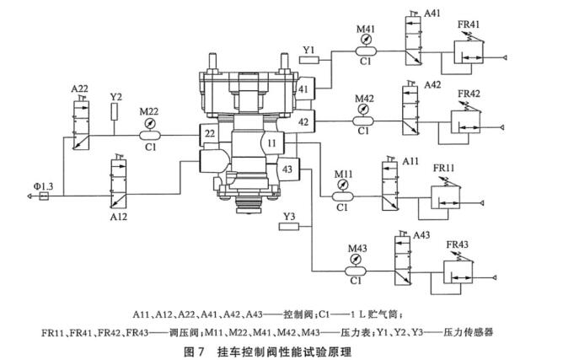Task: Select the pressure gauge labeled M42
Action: [x=364, y=110]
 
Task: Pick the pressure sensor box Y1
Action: [x=308, y=59]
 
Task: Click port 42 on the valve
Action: [x=304, y=121]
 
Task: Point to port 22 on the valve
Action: [x=209, y=134]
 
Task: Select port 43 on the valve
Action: [x=288, y=169]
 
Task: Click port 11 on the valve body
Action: [x=272, y=145]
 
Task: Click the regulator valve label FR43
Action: [x=458, y=244]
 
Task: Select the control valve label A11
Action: [x=412, y=160]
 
